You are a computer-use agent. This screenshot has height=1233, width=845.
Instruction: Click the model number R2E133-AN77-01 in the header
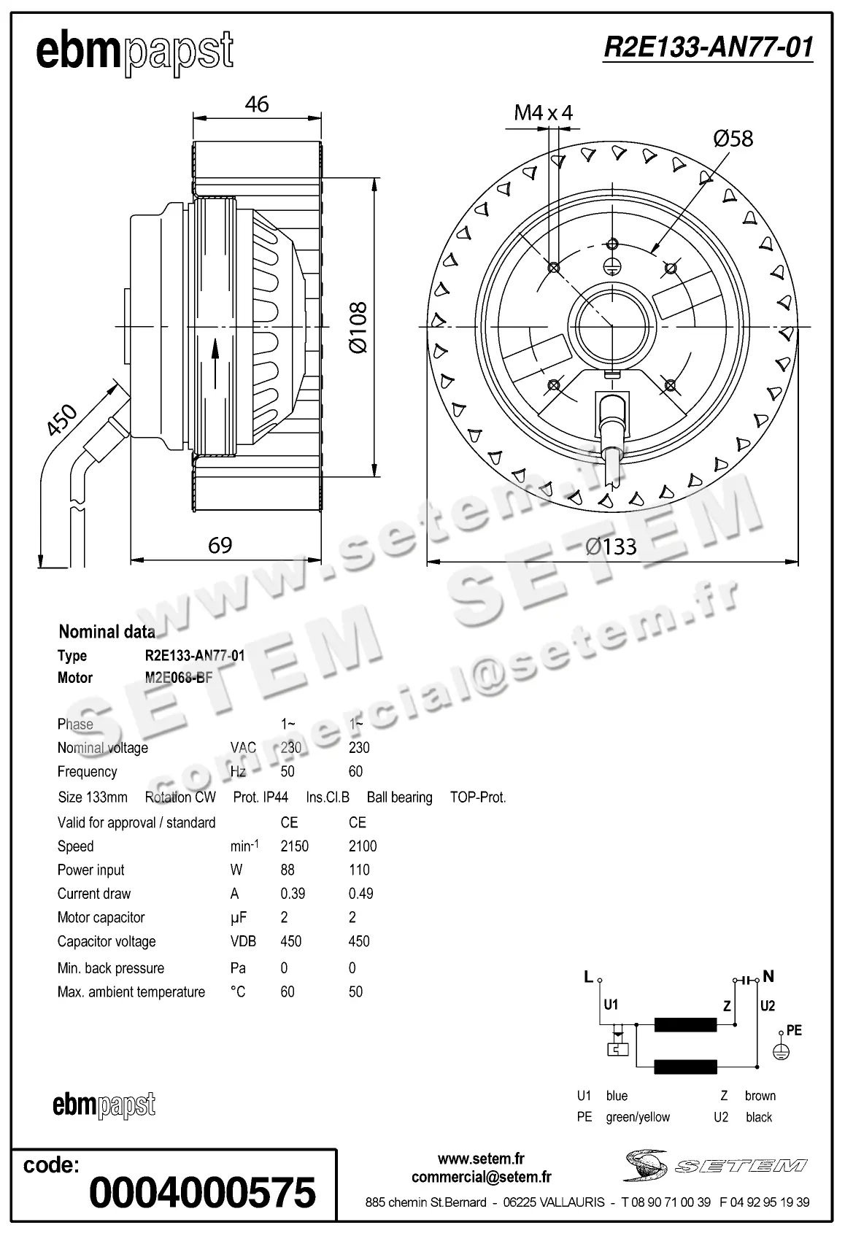[708, 47]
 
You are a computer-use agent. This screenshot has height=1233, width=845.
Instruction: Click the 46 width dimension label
[257, 104]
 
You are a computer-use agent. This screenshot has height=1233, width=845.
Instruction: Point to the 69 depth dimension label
[220, 545]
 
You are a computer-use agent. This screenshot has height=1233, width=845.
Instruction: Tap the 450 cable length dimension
[61, 421]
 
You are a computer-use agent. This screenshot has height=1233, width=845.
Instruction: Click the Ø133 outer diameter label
[611, 546]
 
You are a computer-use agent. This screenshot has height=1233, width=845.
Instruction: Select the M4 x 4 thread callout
[544, 112]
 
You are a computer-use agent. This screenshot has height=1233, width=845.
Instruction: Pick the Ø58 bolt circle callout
[733, 138]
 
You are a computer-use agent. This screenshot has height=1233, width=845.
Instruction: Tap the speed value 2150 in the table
[294, 846]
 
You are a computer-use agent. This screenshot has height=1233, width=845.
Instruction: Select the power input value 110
[359, 870]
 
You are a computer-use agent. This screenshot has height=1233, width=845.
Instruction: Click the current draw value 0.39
[293, 894]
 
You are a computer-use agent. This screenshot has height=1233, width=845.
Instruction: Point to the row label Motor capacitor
[101, 918]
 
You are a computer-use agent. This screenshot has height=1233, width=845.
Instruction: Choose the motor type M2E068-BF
[179, 678]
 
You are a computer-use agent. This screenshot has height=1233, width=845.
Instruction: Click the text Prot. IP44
[261, 797]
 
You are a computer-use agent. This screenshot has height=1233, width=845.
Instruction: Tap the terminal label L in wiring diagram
[588, 977]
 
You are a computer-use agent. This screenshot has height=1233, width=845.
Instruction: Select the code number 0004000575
[202, 1193]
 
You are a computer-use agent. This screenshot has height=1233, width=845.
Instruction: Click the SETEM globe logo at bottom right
[645, 1165]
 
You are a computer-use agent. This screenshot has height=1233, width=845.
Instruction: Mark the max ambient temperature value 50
[355, 992]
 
